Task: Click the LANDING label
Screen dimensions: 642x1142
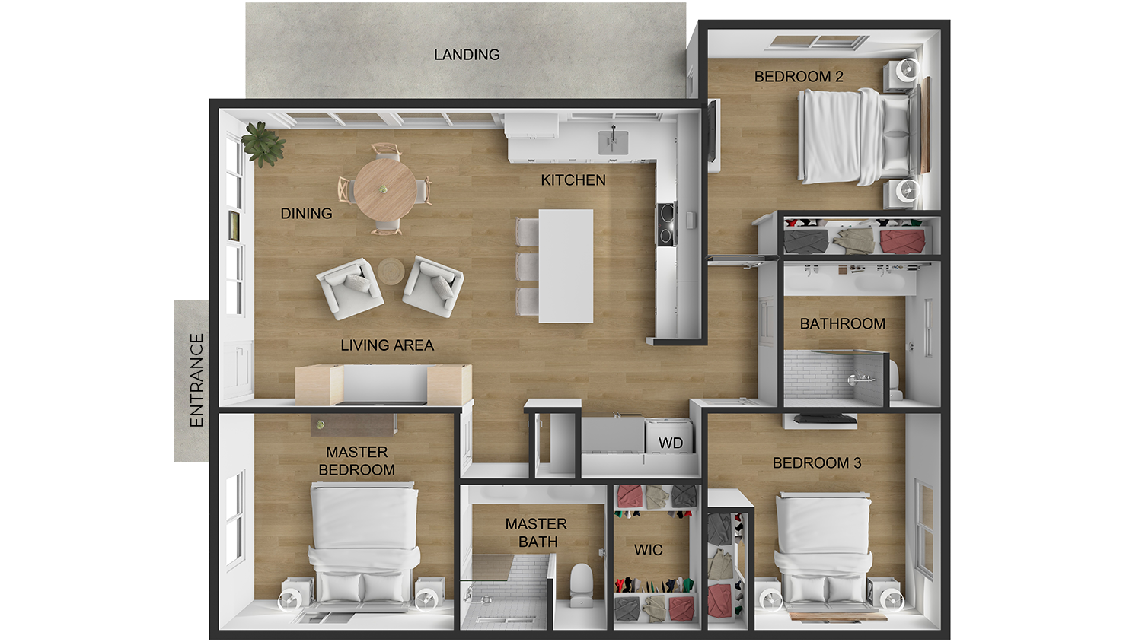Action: pyautogui.click(x=467, y=55)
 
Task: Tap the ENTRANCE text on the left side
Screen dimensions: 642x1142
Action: pyautogui.click(x=196, y=380)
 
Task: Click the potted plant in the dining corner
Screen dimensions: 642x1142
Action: pyautogui.click(x=263, y=143)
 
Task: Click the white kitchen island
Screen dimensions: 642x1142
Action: pyautogui.click(x=566, y=265)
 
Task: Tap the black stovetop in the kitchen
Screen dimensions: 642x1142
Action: pyautogui.click(x=666, y=224)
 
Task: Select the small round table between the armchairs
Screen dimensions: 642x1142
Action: pyautogui.click(x=392, y=271)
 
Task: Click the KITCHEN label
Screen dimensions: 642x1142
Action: pyautogui.click(x=573, y=180)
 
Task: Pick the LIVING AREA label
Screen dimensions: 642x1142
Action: pyautogui.click(x=387, y=345)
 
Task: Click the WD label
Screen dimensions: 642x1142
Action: pyautogui.click(x=671, y=443)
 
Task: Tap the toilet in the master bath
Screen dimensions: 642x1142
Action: pyautogui.click(x=582, y=584)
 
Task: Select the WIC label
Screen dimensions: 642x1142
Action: pyautogui.click(x=648, y=550)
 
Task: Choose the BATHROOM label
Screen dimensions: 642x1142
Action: pyautogui.click(x=842, y=323)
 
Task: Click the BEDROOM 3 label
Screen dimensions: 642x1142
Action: pyautogui.click(x=816, y=462)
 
